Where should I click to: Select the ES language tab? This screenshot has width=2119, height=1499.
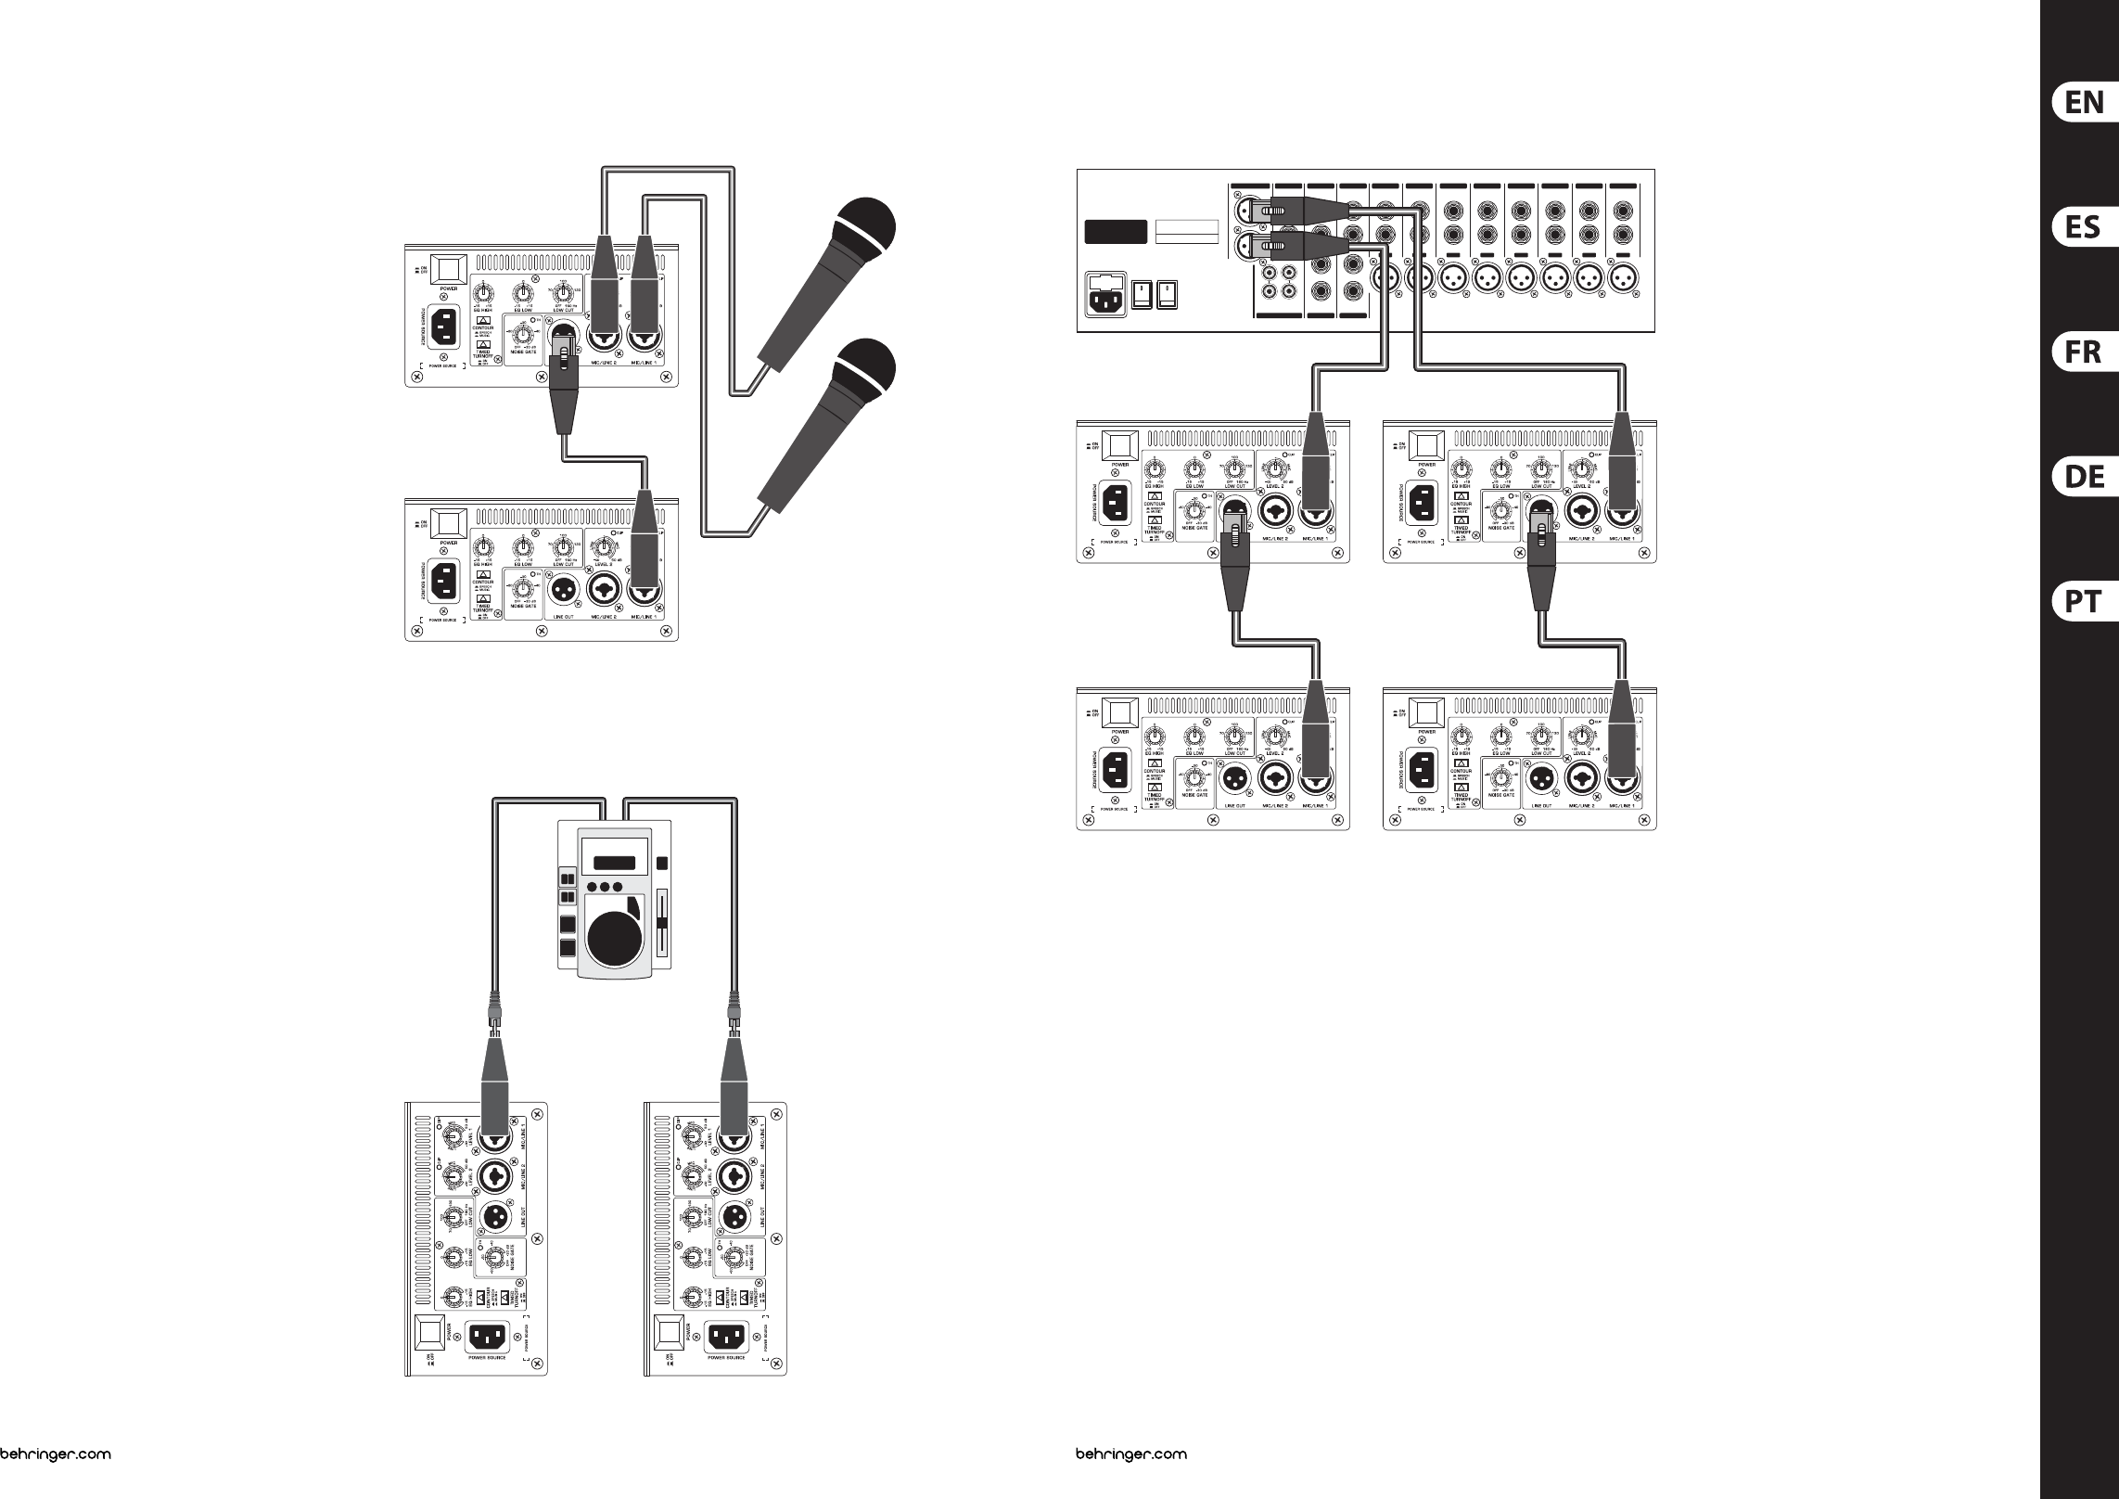point(2084,226)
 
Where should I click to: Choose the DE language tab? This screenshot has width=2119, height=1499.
point(2084,477)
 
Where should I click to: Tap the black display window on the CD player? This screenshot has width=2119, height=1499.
point(614,863)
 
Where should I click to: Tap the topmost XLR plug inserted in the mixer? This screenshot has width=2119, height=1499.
point(1280,211)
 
